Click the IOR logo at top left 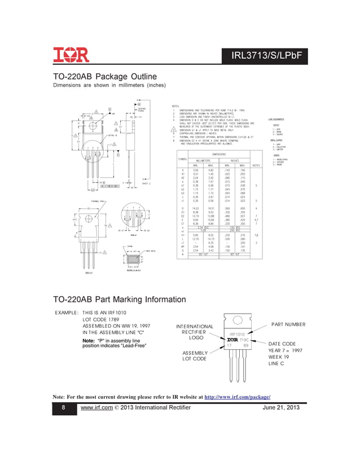(x=72, y=55)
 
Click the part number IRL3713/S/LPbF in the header (x=269, y=55)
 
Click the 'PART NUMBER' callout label (x=288, y=324)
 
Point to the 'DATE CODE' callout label (x=282, y=344)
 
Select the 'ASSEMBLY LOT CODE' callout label (x=194, y=355)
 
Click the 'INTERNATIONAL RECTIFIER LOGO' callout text (x=195, y=332)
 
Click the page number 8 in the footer (x=63, y=408)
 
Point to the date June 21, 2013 (x=281, y=408)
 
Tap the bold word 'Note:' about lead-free (x=91, y=341)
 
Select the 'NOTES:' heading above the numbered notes (x=175, y=105)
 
